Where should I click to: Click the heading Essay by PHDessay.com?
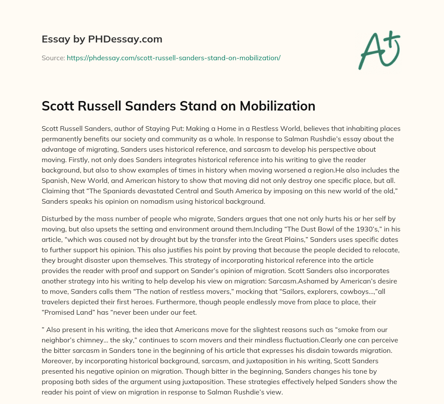tap(102, 39)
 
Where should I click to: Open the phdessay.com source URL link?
tap(173, 58)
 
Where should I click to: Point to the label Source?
tap(53, 58)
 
